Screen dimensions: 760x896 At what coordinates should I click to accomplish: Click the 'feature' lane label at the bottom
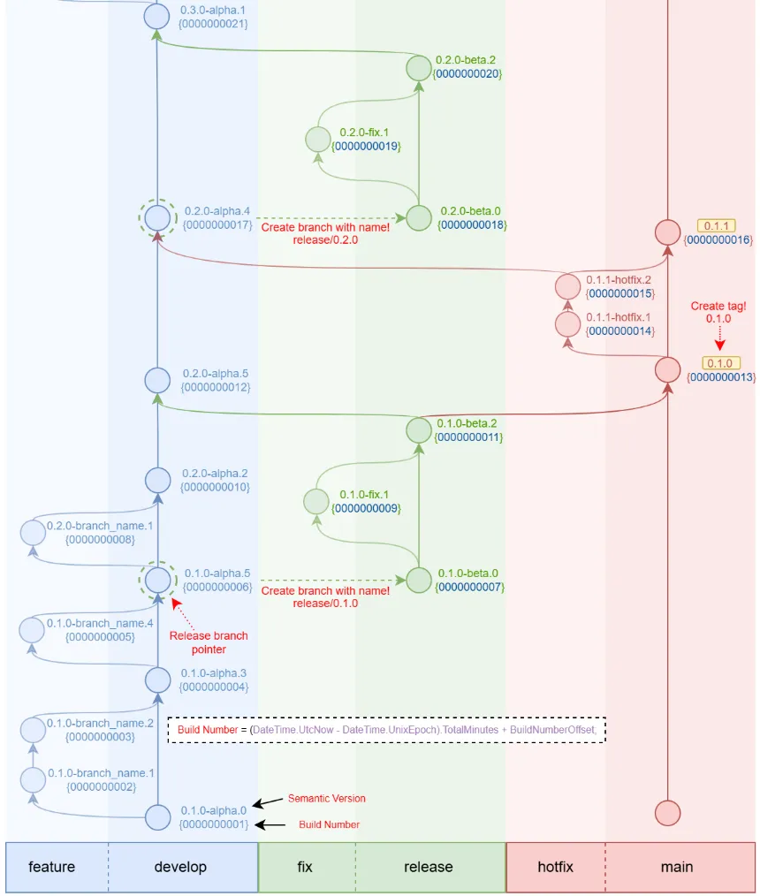[x=52, y=867]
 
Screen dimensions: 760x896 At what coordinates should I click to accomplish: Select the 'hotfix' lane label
[x=555, y=867]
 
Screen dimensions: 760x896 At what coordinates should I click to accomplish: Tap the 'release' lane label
[x=428, y=867]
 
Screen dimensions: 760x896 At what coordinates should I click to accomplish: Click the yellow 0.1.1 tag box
[x=716, y=225]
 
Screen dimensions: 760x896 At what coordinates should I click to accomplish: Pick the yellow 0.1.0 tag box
[x=719, y=363]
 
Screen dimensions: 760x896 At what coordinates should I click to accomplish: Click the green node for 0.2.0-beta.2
[x=419, y=68]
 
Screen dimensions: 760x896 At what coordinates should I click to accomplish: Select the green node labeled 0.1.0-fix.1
[x=316, y=501]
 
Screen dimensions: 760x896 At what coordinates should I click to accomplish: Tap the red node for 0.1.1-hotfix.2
[x=567, y=286]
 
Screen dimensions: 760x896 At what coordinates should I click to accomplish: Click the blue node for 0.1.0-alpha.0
[x=157, y=817]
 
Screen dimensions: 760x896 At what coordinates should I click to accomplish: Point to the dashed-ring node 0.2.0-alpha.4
[x=157, y=217]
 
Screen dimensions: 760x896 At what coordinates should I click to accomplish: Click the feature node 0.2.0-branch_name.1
[x=34, y=533]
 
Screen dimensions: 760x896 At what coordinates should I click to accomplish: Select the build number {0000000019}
[x=366, y=147]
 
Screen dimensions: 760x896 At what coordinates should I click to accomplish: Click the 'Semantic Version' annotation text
[x=326, y=798]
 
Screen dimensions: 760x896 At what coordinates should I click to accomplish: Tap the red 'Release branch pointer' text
[x=209, y=642]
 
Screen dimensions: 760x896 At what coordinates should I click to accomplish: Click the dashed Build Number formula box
[x=387, y=730]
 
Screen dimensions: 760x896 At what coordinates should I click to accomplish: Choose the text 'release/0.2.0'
[x=325, y=240]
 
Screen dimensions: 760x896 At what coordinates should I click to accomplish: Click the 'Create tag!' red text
[x=718, y=306]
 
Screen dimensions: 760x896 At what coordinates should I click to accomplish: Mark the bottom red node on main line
[x=667, y=813]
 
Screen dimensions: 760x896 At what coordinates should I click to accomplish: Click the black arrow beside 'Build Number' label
[x=270, y=824]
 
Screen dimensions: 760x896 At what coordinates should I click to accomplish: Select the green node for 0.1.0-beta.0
[x=419, y=580]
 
